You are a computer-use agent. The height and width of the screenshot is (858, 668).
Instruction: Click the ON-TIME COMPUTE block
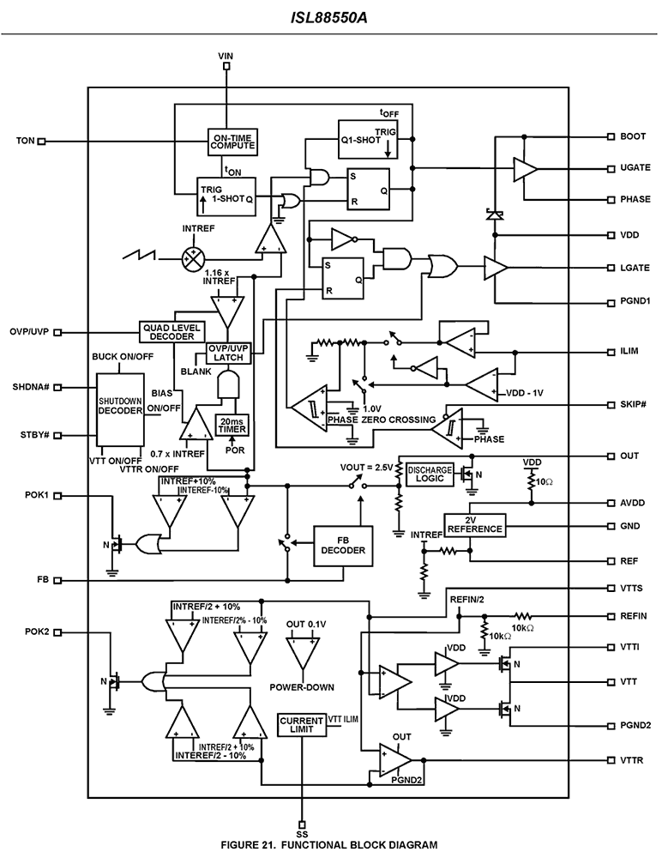232,142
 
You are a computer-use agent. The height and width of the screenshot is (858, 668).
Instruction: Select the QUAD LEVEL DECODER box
167,332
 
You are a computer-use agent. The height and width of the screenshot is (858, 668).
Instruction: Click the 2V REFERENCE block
474,524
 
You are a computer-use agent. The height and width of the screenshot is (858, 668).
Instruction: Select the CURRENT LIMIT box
301,726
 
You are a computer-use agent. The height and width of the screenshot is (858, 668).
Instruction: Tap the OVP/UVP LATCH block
228,353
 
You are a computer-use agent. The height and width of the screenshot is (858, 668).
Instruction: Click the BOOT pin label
633,136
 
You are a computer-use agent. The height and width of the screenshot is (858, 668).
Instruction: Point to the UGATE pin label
635,169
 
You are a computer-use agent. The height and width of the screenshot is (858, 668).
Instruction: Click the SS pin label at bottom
302,833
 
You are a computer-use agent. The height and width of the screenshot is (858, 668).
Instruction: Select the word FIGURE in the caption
243,845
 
